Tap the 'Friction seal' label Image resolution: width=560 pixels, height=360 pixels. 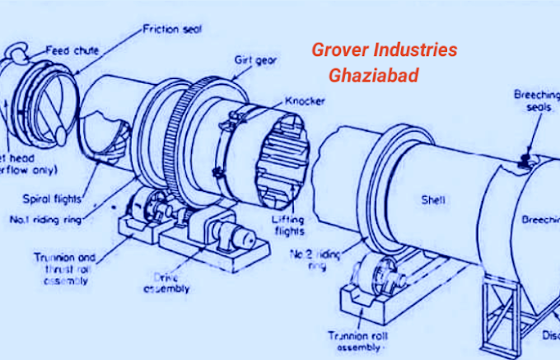pos(173,29)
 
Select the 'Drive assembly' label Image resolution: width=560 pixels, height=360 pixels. pos(166,283)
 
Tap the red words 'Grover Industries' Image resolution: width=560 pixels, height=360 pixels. pos(384,49)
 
